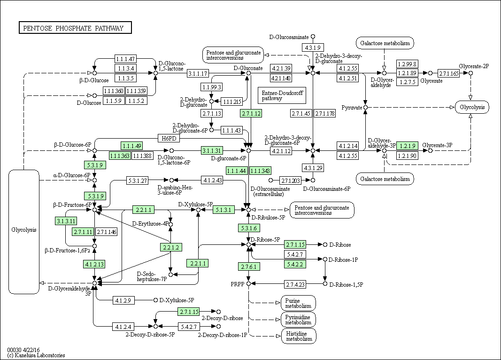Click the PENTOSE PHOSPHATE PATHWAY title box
[76, 28]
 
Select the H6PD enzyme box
[169, 138]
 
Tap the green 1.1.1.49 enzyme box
[132, 146]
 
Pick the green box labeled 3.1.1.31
[212, 150]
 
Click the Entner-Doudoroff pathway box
[282, 95]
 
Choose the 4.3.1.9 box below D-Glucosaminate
[313, 47]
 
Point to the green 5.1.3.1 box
[224, 210]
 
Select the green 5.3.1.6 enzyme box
[249, 227]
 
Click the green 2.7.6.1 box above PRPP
[249, 266]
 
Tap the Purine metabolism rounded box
[299, 303]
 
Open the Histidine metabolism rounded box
[299, 336]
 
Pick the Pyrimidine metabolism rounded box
[299, 320]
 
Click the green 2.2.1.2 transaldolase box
[171, 247]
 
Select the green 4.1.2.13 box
[94, 264]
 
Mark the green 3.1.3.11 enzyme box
[66, 221]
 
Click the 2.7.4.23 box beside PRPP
[295, 284]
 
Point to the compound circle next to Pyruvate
[365, 108]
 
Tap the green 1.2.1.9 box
[408, 146]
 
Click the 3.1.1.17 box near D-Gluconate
[198, 73]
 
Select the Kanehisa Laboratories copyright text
[36, 355]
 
